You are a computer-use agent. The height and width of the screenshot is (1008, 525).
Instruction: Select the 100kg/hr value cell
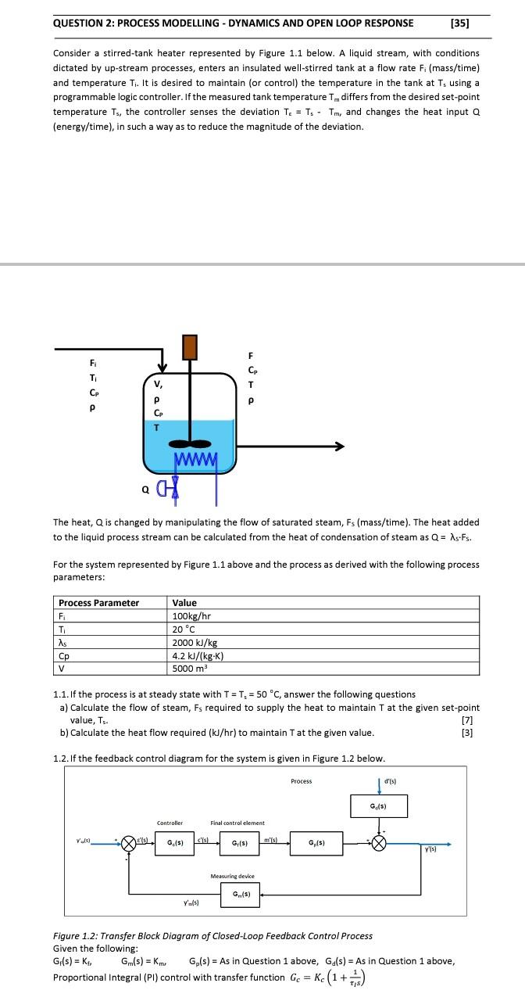click(x=192, y=615)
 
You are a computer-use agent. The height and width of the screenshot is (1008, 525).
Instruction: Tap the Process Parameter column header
click(x=98, y=602)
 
